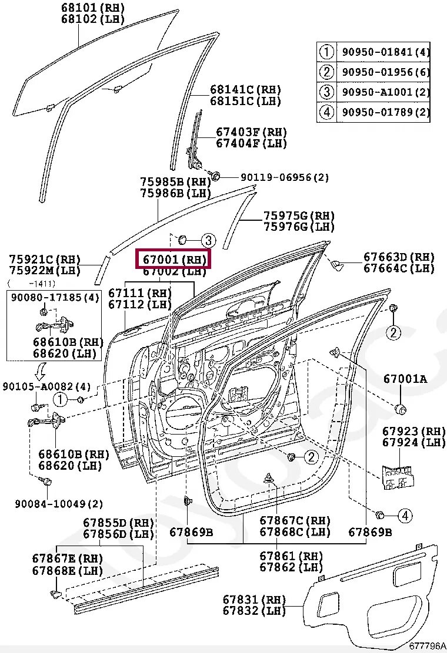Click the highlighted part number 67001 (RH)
tap(173, 259)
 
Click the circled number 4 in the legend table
tap(326, 112)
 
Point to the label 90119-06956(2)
tap(285, 177)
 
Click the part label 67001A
tap(405, 379)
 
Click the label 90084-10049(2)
tap(59, 504)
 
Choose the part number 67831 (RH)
tap(254, 600)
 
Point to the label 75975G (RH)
tap(299, 216)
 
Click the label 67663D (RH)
tap(399, 257)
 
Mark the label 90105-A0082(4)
tap(46, 386)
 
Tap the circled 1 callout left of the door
tap(60, 400)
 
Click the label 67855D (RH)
tap(118, 523)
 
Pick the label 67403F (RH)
tap(251, 132)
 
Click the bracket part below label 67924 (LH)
tap(399, 476)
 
